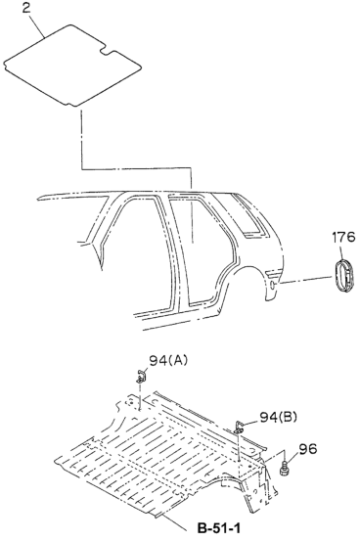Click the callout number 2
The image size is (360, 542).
point(26,8)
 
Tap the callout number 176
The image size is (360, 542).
point(343,237)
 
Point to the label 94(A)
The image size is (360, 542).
point(168,361)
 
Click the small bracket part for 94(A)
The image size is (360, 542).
point(141,376)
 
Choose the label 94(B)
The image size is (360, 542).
point(278,417)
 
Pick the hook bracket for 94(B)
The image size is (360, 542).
point(239,428)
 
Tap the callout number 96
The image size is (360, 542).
point(307,449)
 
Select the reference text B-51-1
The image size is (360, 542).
point(219,528)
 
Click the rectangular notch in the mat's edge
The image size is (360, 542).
point(108,52)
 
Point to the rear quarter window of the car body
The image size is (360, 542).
point(247,216)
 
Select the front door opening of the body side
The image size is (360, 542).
point(138,248)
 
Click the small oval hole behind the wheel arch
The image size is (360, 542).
point(273,285)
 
